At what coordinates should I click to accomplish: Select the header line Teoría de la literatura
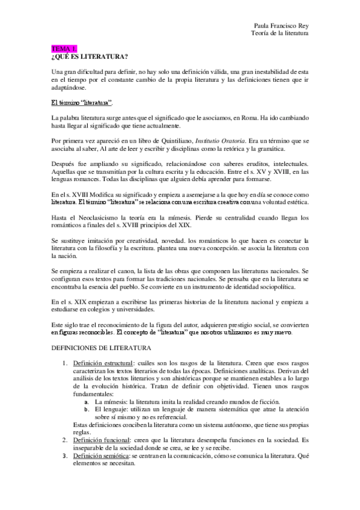pyautogui.click(x=280, y=34)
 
